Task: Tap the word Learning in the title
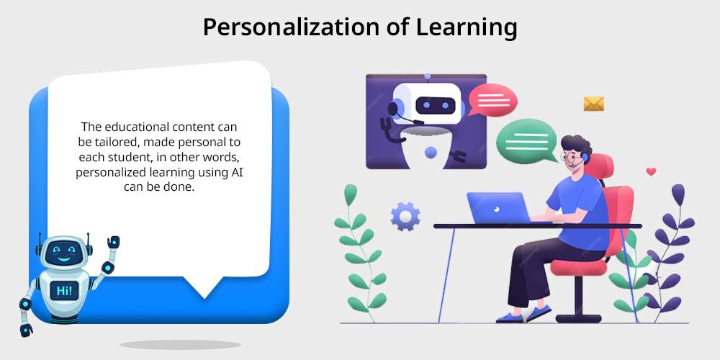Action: [467, 27]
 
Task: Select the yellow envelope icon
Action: [593, 104]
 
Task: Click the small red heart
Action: [651, 172]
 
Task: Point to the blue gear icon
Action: [405, 216]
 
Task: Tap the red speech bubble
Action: [492, 99]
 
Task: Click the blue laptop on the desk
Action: [499, 207]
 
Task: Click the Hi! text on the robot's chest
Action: [64, 290]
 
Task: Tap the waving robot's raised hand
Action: [113, 242]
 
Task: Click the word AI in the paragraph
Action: [243, 173]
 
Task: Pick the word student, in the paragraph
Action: [127, 158]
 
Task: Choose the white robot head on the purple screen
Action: [426, 104]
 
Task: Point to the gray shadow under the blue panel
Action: [180, 344]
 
